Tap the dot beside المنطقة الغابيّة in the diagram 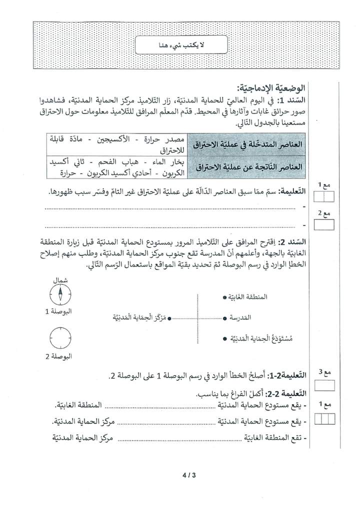click(x=224, y=297)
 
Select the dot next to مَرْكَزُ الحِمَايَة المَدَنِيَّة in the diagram click(x=170, y=317)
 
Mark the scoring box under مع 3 click(x=325, y=385)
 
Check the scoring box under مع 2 click(x=325, y=225)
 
